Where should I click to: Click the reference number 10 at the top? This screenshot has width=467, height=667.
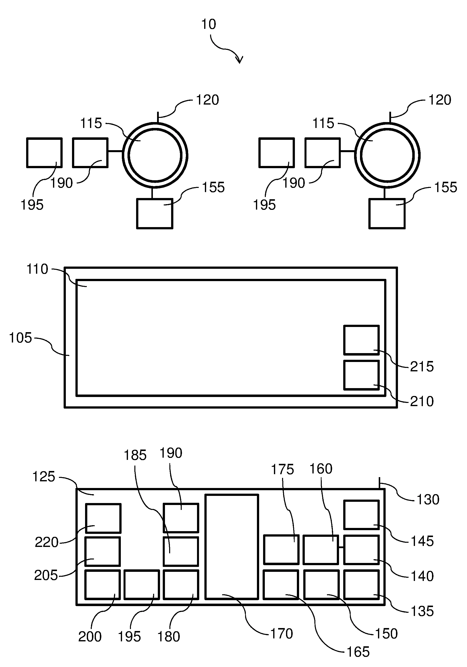[x=209, y=24]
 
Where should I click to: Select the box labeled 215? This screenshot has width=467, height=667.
[x=361, y=340]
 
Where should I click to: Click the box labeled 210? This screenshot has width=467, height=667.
[x=361, y=375]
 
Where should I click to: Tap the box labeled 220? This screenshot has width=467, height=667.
[x=103, y=518]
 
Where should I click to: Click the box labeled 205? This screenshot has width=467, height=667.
[x=103, y=551]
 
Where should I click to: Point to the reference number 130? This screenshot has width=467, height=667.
[x=428, y=500]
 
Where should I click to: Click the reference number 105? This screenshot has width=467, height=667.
[x=20, y=338]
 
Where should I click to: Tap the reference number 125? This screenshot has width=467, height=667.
[x=44, y=477]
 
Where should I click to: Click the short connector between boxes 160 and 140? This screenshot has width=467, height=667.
[x=341, y=547]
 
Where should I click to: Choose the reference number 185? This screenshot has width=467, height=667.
[x=135, y=455]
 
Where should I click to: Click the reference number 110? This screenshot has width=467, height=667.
[x=37, y=269]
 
